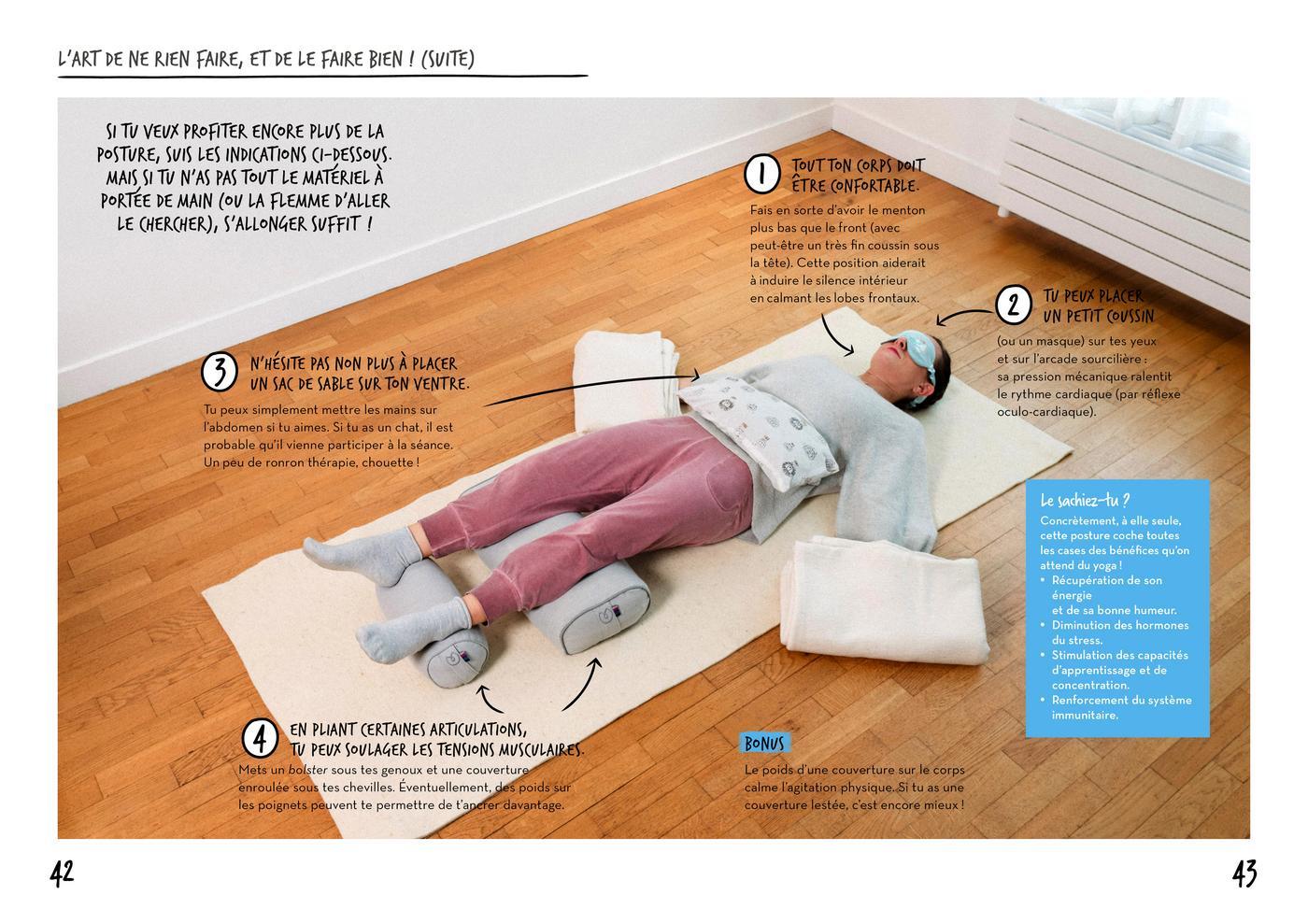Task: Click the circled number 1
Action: pyautogui.click(x=762, y=174)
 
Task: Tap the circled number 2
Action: pyautogui.click(x=1013, y=305)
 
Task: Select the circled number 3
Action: pyautogui.click(x=219, y=371)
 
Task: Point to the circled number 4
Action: pyautogui.click(x=260, y=738)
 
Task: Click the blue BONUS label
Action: pyautogui.click(x=764, y=744)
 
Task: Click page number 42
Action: pyautogui.click(x=62, y=873)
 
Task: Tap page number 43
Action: pyautogui.click(x=1244, y=873)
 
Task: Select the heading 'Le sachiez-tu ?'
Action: pyautogui.click(x=1085, y=501)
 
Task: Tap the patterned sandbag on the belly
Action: pyautogui.click(x=758, y=431)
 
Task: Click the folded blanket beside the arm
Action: pyautogui.click(x=885, y=602)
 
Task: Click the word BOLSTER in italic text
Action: pyautogui.click(x=307, y=770)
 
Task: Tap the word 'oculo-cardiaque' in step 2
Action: pyautogui.click(x=1045, y=412)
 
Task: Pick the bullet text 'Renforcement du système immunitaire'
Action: pyautogui.click(x=1121, y=707)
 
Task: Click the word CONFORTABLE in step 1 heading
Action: pyautogui.click(x=874, y=186)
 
